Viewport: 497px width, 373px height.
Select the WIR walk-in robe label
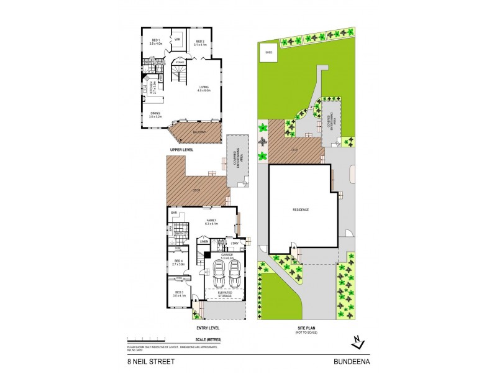coord(177,39)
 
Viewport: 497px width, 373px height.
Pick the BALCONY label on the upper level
coord(199,132)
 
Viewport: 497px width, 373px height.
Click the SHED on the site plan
coord(268,53)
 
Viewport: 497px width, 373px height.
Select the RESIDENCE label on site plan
coord(301,210)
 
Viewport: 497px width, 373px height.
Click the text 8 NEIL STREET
coord(145,360)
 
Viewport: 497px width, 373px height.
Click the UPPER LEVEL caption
coord(183,150)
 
